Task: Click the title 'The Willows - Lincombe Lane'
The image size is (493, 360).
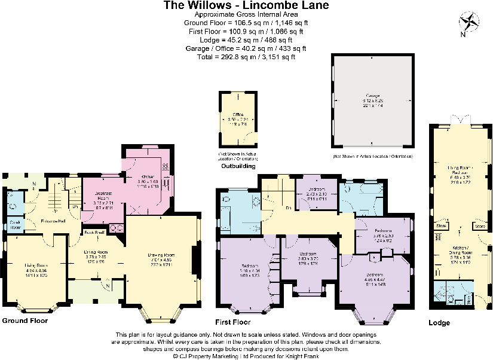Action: point(246,5)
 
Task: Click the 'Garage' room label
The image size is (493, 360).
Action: point(373,95)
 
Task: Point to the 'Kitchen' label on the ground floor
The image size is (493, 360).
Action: point(147,176)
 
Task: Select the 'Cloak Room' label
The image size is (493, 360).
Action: point(16,224)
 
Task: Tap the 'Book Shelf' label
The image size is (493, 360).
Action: point(94,231)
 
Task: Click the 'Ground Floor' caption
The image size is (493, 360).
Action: point(25,321)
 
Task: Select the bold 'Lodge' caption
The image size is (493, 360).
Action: point(440,323)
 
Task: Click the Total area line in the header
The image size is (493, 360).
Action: point(246,57)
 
